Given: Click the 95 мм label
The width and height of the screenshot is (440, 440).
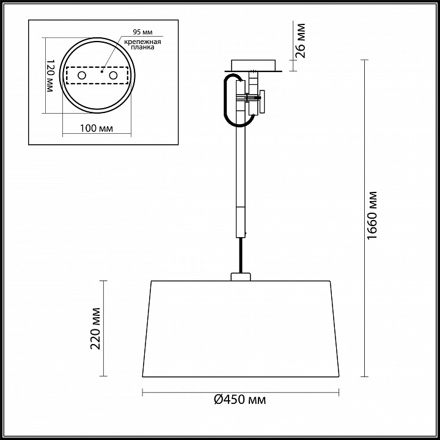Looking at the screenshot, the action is click(x=142, y=32).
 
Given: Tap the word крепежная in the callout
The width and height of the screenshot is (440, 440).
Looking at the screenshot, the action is click(x=142, y=42).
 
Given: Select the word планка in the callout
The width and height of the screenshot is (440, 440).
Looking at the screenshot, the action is click(x=142, y=47).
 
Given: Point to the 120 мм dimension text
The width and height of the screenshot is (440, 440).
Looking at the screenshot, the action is click(x=50, y=76).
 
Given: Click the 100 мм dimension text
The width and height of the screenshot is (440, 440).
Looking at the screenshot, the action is click(x=97, y=128).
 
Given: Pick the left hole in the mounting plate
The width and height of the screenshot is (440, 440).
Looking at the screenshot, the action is click(x=82, y=75).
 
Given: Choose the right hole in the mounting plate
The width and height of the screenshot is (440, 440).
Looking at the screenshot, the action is click(x=114, y=75).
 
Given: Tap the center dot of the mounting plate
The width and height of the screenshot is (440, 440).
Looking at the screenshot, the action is click(x=102, y=71).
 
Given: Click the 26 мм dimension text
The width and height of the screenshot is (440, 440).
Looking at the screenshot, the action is click(x=301, y=41).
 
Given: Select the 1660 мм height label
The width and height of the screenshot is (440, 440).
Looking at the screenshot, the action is click(x=372, y=216).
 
